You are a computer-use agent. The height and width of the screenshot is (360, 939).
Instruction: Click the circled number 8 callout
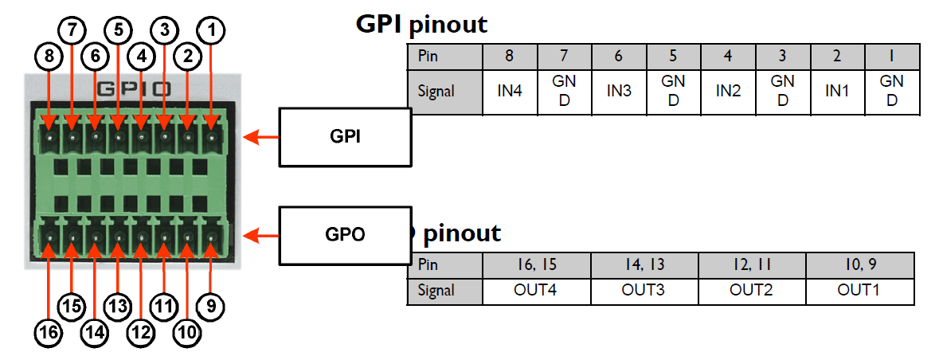(48, 57)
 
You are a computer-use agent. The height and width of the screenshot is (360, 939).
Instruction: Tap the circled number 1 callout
(211, 31)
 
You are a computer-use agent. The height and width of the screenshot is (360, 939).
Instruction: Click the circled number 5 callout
(119, 31)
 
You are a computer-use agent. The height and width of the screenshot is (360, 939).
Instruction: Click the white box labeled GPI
(344, 138)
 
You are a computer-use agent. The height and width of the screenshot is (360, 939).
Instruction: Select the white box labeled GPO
(344, 236)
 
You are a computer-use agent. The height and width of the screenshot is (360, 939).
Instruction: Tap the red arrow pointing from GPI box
(260, 138)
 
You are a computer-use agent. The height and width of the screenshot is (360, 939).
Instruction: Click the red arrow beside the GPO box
(260, 236)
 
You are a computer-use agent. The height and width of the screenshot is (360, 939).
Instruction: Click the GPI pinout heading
(421, 24)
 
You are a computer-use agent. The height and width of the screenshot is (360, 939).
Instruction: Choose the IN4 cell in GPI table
(510, 92)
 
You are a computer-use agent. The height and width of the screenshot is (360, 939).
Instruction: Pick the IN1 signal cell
(836, 92)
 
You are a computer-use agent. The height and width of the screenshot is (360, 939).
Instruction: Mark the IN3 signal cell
(619, 92)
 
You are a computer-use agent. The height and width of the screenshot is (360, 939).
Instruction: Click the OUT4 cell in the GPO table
(536, 290)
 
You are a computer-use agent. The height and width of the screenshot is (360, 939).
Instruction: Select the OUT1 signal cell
(859, 290)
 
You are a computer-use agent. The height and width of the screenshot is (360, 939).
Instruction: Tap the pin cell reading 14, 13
(644, 264)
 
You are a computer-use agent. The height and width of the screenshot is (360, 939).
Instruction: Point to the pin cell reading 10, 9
(859, 264)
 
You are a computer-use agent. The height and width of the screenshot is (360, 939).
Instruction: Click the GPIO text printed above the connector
(131, 88)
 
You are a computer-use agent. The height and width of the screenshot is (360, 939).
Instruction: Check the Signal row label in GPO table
(436, 290)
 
